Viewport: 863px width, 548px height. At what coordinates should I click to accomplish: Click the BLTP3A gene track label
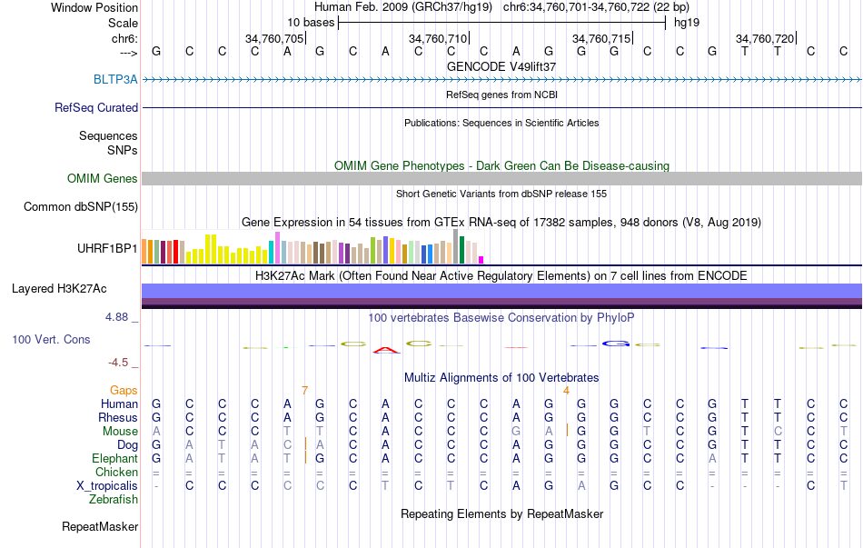pyautogui.click(x=115, y=79)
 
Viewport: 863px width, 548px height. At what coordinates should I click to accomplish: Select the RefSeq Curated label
pyautogui.click(x=96, y=107)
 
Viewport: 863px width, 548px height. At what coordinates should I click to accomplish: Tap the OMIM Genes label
pyautogui.click(x=103, y=179)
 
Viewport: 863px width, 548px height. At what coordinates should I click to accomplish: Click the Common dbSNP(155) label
pyautogui.click(x=81, y=207)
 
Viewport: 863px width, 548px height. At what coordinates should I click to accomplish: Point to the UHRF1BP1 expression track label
pyautogui.click(x=107, y=247)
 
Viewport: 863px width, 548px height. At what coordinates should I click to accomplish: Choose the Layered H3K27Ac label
pyautogui.click(x=59, y=289)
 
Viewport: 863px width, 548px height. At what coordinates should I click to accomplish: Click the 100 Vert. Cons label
pyautogui.click(x=51, y=339)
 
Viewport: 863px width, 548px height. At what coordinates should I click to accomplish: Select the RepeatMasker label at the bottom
pyautogui.click(x=100, y=526)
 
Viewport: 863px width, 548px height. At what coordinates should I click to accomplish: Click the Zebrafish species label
pyautogui.click(x=114, y=499)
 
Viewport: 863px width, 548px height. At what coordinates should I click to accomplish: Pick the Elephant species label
pyautogui.click(x=114, y=458)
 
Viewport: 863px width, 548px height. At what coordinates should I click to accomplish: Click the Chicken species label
pyautogui.click(x=116, y=472)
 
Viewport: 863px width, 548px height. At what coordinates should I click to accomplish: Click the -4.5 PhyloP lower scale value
pyautogui.click(x=118, y=362)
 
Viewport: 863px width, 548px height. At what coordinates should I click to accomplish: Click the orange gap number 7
pyautogui.click(x=305, y=390)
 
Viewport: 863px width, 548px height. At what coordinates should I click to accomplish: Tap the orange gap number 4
pyautogui.click(x=566, y=390)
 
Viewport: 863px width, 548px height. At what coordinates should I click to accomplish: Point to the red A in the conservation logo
pyautogui.click(x=386, y=349)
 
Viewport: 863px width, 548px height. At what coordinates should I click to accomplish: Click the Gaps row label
pyautogui.click(x=124, y=390)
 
